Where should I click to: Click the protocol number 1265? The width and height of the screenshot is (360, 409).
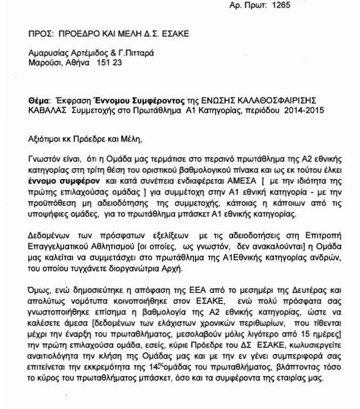click(x=281, y=5)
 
